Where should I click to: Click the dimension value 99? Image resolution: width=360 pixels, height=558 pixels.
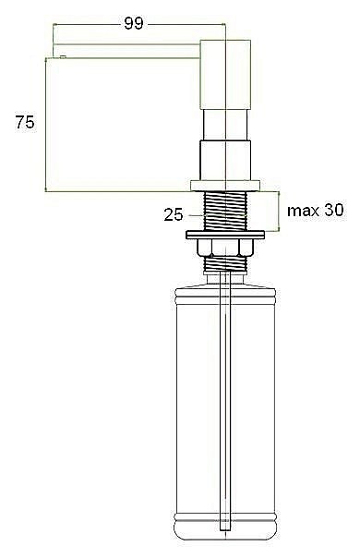click(133, 24)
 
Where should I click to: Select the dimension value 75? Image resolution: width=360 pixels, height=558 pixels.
click(24, 123)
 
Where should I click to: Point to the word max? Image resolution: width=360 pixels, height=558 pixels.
click(303, 211)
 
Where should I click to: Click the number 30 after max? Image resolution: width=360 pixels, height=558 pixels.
click(333, 211)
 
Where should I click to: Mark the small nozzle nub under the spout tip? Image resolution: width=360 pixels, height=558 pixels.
click(60, 56)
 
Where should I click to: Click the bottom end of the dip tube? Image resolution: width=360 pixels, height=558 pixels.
click(223, 529)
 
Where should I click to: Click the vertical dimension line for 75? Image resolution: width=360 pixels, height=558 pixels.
click(46, 125)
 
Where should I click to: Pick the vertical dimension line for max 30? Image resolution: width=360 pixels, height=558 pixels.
click(278, 211)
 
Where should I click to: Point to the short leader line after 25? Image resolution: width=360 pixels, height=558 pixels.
click(195, 216)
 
